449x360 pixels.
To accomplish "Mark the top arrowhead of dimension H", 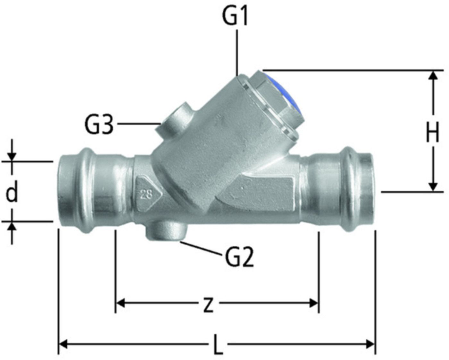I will tap(433, 75).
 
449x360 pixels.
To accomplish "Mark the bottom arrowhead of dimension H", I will tap(433, 187).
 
